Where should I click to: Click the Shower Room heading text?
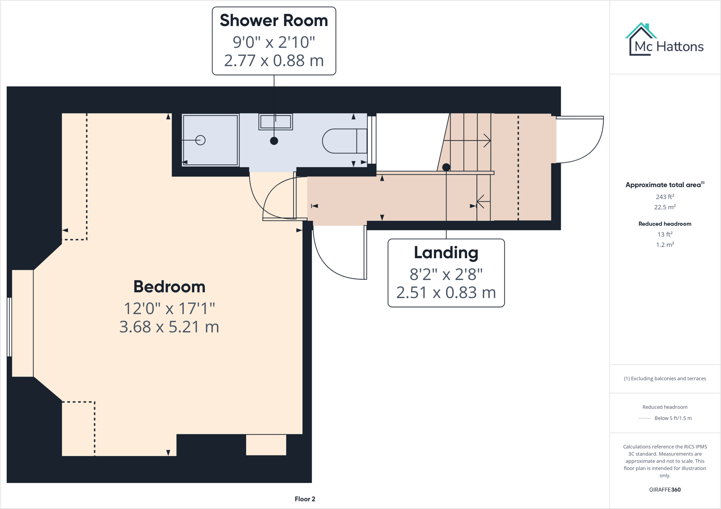click(x=274, y=21)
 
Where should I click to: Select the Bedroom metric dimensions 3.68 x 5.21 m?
click(x=169, y=327)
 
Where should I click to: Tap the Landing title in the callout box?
click(x=446, y=253)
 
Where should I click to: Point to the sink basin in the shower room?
click(x=275, y=122)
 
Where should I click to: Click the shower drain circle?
click(x=201, y=140)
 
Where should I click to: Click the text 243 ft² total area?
click(x=664, y=197)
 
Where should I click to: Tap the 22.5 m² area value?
click(x=664, y=207)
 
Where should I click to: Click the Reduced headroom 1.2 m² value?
click(x=664, y=245)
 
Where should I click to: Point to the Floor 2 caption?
click(x=305, y=499)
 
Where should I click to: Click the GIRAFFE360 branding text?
click(x=664, y=490)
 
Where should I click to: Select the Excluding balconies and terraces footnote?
click(x=664, y=378)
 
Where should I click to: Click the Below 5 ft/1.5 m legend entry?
click(x=673, y=418)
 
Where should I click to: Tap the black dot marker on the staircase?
click(x=446, y=167)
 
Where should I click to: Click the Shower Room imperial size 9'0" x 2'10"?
click(x=274, y=42)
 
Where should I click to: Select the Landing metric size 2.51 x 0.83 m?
click(x=446, y=293)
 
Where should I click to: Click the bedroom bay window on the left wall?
click(x=10, y=327)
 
